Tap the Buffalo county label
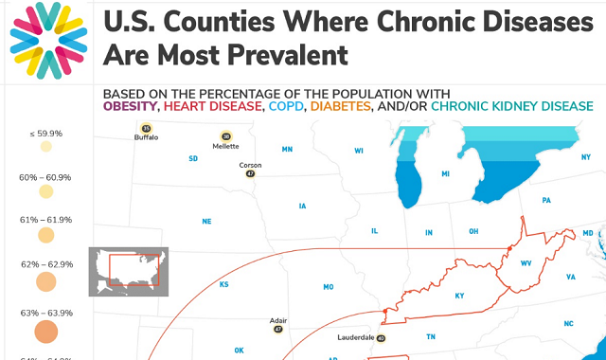click(146, 137)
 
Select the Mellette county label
click(225, 147)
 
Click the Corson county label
click(250, 165)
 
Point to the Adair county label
click(277, 320)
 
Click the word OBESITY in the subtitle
click(131, 107)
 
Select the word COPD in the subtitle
click(284, 107)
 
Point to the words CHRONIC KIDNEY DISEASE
click(511, 107)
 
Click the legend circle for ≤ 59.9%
click(46, 148)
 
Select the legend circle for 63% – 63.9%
click(46, 332)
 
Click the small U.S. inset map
click(128, 271)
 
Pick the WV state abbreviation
click(526, 263)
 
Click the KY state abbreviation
click(459, 296)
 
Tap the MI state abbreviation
click(445, 174)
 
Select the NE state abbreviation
click(206, 222)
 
